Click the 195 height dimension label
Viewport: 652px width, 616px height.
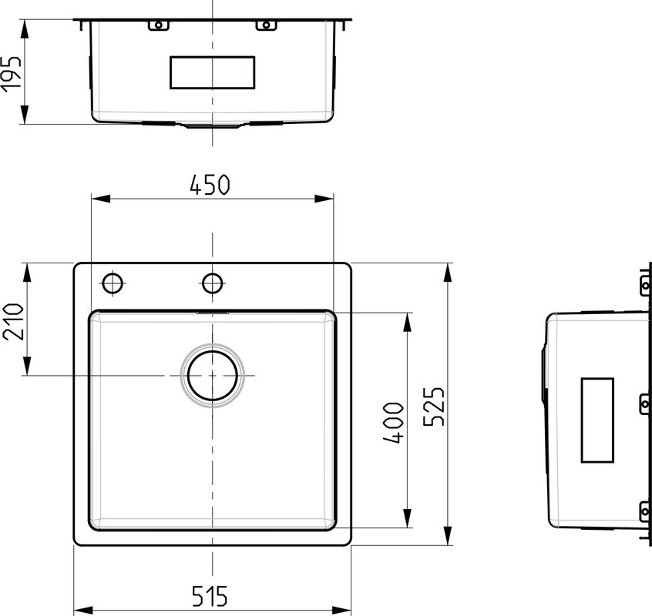(11, 72)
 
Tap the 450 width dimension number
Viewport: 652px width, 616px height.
(210, 186)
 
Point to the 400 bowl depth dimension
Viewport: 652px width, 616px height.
(393, 423)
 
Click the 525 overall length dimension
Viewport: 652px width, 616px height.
(434, 407)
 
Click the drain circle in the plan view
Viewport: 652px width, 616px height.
(213, 376)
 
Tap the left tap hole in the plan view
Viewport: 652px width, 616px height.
(113, 283)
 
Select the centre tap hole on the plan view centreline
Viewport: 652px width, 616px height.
(213, 283)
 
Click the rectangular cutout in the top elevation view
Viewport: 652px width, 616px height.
(213, 72)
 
